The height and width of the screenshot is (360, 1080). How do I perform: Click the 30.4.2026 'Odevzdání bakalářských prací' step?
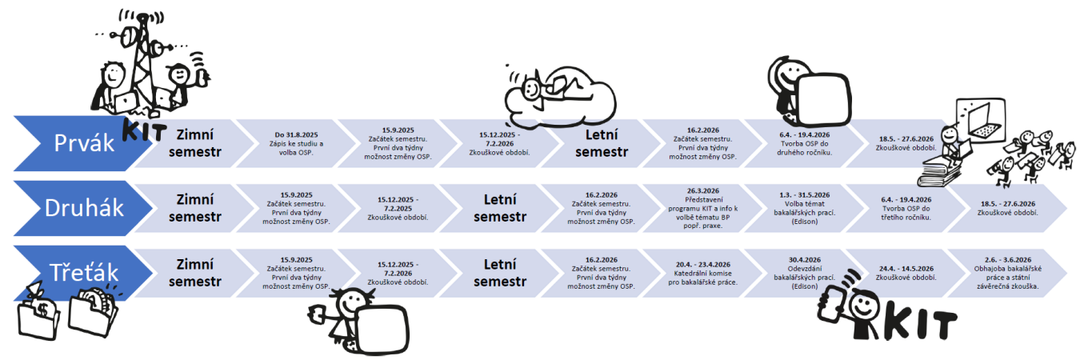[x=799, y=273]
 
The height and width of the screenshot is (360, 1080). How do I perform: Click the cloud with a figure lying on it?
[x=560, y=96]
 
